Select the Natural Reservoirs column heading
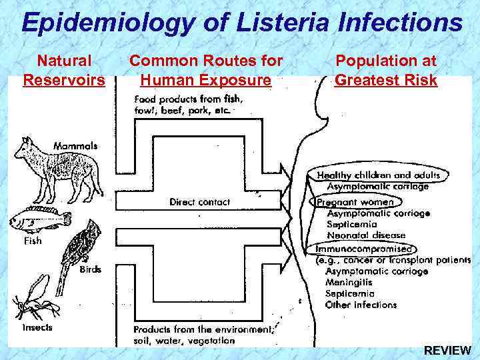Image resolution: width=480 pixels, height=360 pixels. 64,71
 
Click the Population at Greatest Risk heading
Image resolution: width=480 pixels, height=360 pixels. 386,71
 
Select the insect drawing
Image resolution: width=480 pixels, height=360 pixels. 33,297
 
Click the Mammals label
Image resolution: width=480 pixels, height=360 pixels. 75,145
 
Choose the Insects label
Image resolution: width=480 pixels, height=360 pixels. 37,327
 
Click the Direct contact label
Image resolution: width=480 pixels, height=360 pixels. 199,201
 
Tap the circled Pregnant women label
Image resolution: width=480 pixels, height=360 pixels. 355,201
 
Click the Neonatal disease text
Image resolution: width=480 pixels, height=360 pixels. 366,235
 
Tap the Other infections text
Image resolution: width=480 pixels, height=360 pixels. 361,305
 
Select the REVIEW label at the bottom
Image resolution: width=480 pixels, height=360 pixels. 447,350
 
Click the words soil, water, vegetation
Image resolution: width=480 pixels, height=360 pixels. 184,340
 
